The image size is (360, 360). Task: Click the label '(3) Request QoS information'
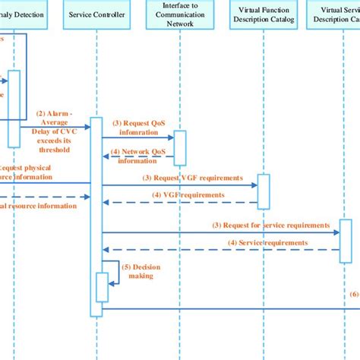tap(138, 125)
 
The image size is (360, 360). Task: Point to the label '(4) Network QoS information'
tap(138, 155)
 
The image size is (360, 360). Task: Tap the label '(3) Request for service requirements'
tap(270, 225)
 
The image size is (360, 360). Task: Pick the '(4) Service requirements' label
tap(267, 243)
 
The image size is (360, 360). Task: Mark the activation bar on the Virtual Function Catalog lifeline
tap(263, 191)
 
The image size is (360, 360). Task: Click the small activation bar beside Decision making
tap(102, 286)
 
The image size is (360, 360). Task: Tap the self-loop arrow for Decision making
tap(115, 273)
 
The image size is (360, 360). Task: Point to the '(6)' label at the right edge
tap(354, 294)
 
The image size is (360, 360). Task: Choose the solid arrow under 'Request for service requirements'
tap(220, 232)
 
